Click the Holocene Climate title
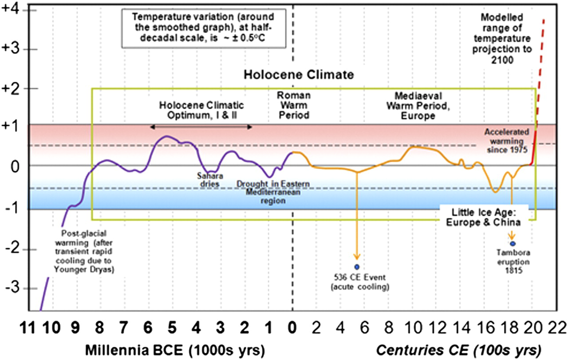click(299, 75)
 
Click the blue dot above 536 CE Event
click(357, 266)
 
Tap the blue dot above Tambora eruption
click(513, 244)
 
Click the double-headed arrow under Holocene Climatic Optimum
click(201, 127)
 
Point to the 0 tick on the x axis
click(292, 329)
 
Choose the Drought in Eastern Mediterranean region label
click(272, 192)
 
